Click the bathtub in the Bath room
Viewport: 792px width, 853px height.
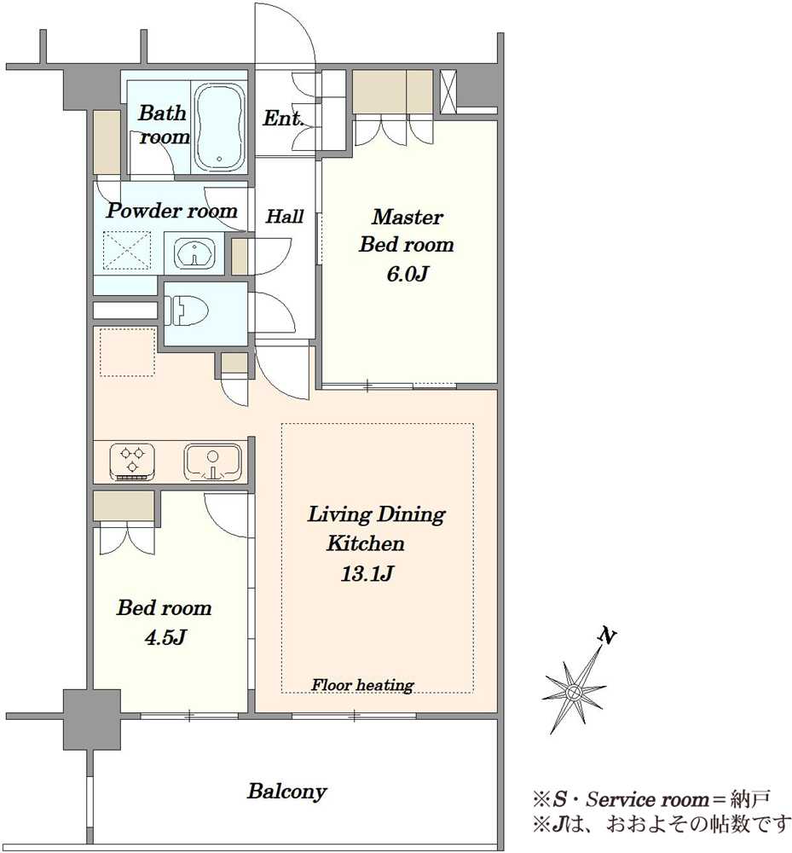coord(219,127)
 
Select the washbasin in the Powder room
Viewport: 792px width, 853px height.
coord(194,253)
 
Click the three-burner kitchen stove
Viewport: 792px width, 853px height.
coord(132,461)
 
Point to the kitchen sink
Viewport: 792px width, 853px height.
coord(212,462)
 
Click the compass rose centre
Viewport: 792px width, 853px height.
coord(573,693)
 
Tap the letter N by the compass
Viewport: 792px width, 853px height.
coord(607,635)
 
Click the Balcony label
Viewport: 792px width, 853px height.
coord(287,792)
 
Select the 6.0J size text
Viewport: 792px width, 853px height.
coord(408,274)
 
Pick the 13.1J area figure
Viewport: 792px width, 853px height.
coord(367,573)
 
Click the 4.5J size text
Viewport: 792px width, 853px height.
coord(165,637)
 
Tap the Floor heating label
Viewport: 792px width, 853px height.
coord(362,685)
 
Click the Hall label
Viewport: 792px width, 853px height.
coord(284,217)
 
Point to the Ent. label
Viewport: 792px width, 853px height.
coord(283,118)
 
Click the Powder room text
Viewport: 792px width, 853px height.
coord(171,211)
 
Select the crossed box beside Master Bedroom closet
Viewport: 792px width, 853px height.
coord(448,91)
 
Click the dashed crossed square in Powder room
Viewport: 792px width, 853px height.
coord(127,250)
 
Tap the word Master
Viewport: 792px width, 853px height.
coord(408,217)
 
